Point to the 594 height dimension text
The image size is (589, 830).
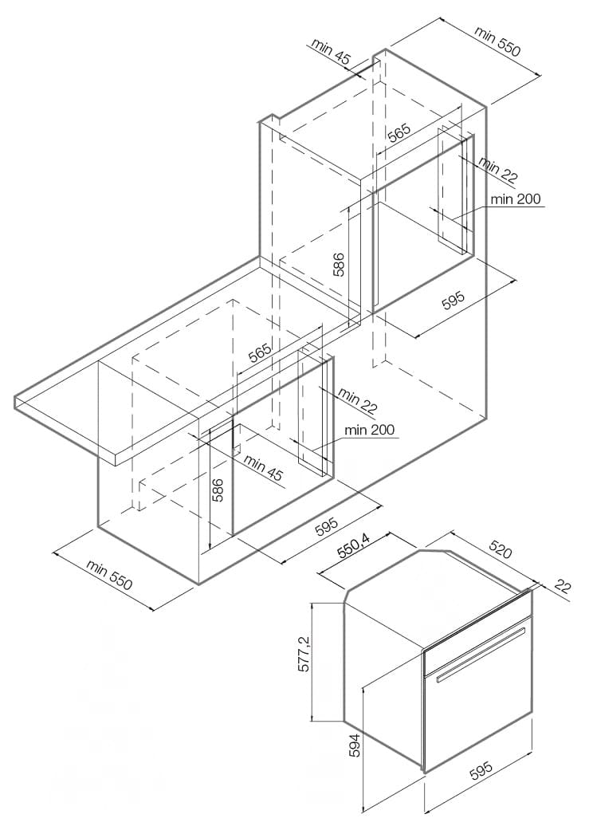[355, 745]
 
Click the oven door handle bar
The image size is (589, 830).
[481, 654]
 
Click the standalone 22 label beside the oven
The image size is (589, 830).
[563, 588]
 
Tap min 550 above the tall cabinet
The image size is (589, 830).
[497, 41]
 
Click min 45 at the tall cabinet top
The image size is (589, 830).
[331, 52]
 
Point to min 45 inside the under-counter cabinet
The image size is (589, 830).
[264, 467]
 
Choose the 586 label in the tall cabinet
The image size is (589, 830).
[339, 265]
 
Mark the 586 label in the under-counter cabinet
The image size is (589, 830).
[218, 490]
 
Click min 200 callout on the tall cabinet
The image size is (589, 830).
[516, 199]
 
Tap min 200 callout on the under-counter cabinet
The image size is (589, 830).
[369, 429]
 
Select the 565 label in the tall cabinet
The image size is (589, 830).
[399, 133]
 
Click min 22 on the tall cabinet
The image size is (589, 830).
[498, 169]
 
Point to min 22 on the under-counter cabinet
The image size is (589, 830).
[358, 401]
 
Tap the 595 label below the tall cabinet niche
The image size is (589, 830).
[453, 300]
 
